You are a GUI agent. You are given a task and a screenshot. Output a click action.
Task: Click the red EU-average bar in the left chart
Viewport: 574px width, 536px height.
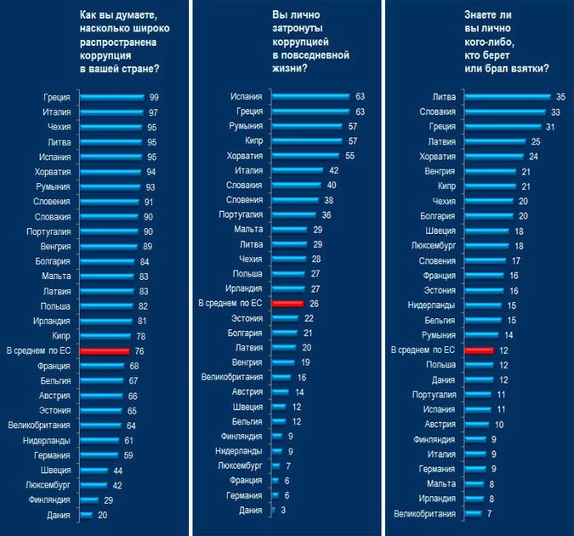(103, 351)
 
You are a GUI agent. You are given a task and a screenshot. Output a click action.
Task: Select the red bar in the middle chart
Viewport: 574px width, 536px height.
(287, 303)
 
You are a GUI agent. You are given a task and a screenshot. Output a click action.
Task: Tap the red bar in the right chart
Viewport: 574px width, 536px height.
(480, 350)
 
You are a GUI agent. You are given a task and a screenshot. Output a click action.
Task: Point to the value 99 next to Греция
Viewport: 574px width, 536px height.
(154, 97)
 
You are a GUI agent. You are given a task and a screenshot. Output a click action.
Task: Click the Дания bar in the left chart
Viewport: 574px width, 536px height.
(86, 515)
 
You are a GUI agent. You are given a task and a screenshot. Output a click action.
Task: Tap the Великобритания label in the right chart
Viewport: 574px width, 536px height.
(427, 514)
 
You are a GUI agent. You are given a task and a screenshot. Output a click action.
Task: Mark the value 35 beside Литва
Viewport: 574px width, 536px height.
(560, 97)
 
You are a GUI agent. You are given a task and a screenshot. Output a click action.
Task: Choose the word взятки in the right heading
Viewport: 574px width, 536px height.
(530, 67)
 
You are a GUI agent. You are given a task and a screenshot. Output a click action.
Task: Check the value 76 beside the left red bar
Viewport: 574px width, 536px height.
(139, 351)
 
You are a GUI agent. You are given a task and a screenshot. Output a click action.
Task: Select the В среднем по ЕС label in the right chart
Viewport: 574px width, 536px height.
(422, 350)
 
